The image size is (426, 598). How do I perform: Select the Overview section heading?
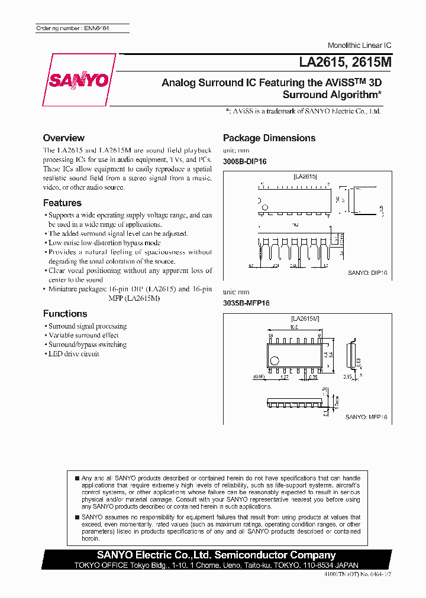point(63,138)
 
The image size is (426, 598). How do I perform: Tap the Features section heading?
point(62,203)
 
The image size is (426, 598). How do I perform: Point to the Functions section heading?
point(65,314)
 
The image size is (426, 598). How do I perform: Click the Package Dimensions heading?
point(269,138)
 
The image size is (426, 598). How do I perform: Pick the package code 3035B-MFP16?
point(246,302)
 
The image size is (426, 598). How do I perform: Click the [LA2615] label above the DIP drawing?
point(305,176)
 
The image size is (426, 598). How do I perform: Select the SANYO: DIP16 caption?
point(367,273)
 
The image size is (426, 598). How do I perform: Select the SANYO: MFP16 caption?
point(366,417)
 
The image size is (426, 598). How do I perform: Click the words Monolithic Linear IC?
point(359,45)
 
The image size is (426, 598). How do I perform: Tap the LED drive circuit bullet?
point(73,354)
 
